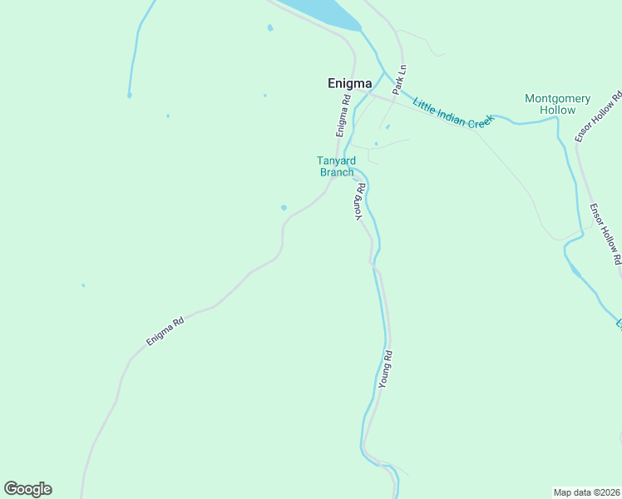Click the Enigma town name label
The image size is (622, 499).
348,83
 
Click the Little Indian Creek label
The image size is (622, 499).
452,111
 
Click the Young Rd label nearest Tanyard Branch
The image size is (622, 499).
360,201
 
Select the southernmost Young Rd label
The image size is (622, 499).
385,369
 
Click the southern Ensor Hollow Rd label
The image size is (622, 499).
605,234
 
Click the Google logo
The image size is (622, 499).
27,489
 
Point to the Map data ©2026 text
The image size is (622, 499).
586,492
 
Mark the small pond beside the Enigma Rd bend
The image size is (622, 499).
284,207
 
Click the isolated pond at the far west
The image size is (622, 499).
83,285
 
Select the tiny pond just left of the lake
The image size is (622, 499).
269,28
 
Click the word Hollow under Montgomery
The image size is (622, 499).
557,110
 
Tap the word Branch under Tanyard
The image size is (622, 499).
337,172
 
